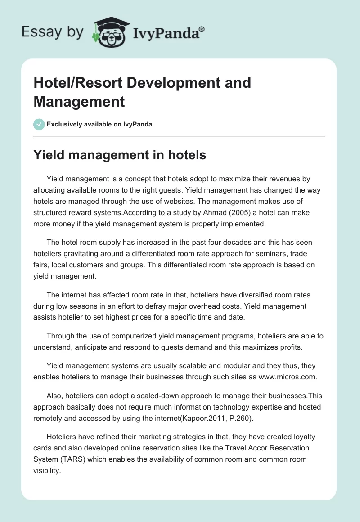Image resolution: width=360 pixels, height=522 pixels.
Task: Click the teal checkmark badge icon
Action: pos(39,124)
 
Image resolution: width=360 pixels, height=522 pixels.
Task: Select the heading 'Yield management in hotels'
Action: pos(120,155)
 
